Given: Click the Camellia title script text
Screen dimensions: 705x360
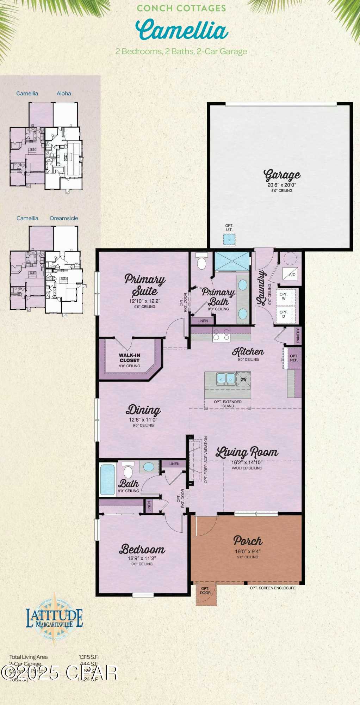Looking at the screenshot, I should tap(182, 30).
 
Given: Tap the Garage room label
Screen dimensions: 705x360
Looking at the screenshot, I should tap(282, 175).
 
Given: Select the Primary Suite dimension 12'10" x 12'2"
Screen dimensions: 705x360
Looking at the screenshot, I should tap(145, 301).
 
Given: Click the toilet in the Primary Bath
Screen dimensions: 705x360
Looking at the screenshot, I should tap(201, 263).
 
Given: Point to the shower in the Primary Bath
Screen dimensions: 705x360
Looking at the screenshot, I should tap(232, 262).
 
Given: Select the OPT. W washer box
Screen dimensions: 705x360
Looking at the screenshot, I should tap(284, 296).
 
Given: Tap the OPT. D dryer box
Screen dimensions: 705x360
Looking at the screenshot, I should tap(284, 314).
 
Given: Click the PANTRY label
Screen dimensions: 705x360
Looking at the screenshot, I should tap(298, 335).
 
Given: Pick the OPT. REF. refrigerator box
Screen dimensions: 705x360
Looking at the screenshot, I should tap(294, 358).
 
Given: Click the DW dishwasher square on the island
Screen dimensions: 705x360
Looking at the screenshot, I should tap(243, 379).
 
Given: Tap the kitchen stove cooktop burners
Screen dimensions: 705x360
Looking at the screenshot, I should tap(221, 334).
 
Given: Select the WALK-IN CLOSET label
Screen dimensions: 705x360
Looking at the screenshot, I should tap(129, 358).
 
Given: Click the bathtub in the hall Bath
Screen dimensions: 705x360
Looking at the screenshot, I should tap(108, 479).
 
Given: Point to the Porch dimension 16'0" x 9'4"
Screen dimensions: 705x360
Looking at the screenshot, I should tap(248, 552).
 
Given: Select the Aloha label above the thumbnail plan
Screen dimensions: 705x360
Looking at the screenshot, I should tap(64, 93).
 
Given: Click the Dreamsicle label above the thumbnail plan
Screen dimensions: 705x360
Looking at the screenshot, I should tap(64, 218).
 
